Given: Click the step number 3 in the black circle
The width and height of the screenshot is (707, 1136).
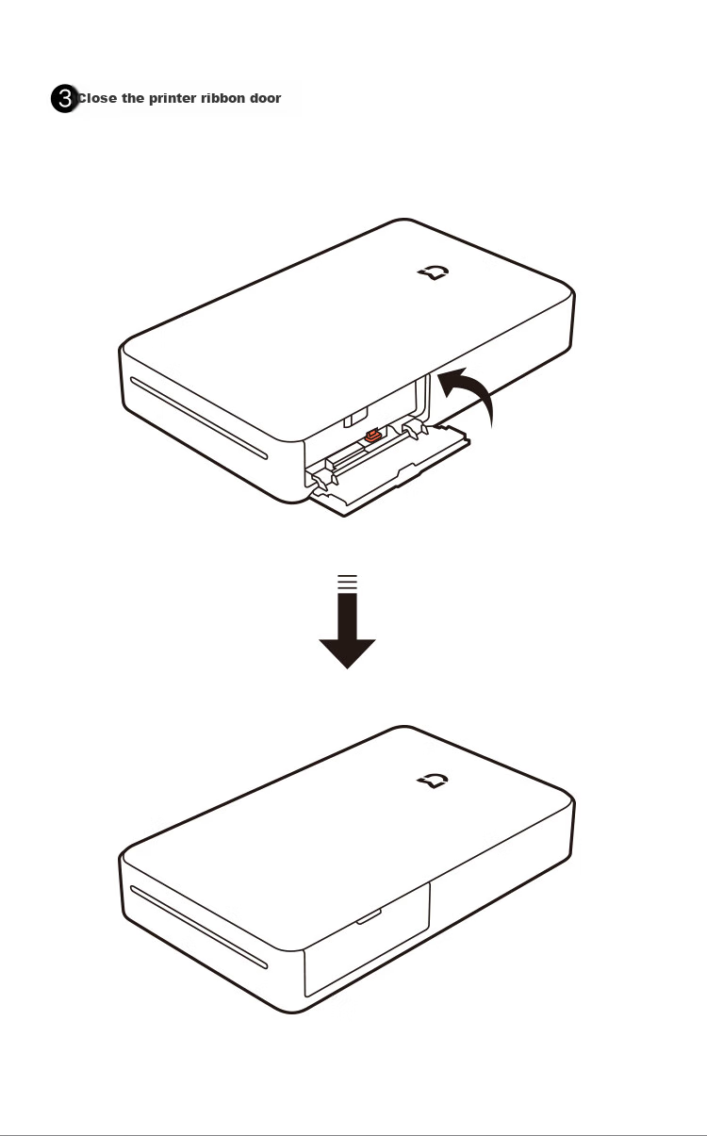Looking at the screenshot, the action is pos(64,98).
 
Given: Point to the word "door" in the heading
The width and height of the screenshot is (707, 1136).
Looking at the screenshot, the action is pos(265,98).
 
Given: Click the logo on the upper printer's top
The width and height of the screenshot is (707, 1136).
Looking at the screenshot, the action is pos(434,272).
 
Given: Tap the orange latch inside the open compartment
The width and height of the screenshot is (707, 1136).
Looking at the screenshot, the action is pos(372,436).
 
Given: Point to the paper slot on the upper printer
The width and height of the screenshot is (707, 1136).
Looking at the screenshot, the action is pos(198,418).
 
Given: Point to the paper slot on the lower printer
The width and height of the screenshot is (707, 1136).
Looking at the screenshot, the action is pos(198,927).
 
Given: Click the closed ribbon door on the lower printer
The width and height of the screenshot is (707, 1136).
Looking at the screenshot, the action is pos(367,940).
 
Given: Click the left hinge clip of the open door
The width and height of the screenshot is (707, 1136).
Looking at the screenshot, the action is pos(323,480).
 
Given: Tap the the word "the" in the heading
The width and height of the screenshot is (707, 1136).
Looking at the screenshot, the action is pos(132,98).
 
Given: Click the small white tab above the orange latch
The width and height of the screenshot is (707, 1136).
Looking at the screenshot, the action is pos(356,418).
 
